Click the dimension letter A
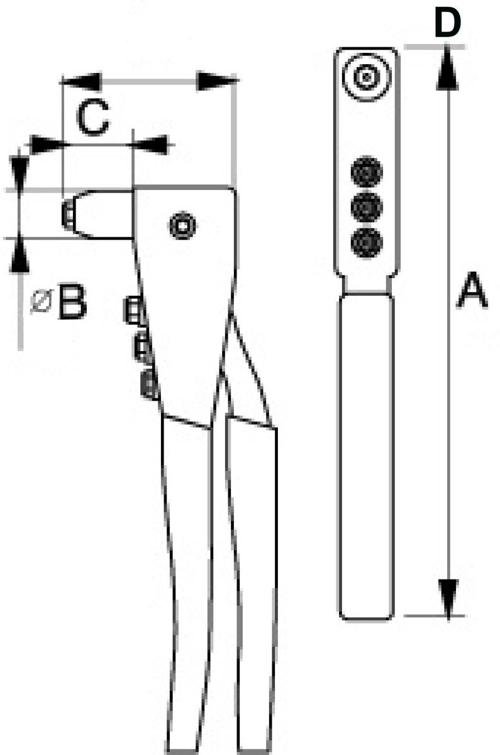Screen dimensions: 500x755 [x=472, y=290]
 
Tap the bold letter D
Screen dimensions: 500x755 [x=447, y=22]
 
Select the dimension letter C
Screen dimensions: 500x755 [x=93, y=117]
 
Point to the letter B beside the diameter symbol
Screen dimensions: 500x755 [x=72, y=301]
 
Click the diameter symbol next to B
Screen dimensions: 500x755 [x=42, y=301]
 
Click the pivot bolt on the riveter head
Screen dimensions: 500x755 [x=182, y=225]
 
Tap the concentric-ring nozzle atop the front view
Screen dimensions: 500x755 [x=366, y=77]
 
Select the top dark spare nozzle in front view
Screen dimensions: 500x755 [x=367, y=172]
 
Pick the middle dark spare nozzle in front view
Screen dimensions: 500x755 [x=367, y=207]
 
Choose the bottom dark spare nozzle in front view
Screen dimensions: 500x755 [x=367, y=243]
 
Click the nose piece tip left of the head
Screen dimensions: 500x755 [x=68, y=214]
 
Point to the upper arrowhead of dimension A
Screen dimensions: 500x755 [x=447, y=67]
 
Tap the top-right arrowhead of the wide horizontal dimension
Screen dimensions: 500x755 [x=217, y=81]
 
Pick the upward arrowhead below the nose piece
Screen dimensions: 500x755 [x=19, y=254]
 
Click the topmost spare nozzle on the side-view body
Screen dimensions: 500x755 [x=135, y=310]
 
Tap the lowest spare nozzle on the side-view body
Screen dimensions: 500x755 [x=149, y=384]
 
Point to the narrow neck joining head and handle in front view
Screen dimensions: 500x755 [x=367, y=285]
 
